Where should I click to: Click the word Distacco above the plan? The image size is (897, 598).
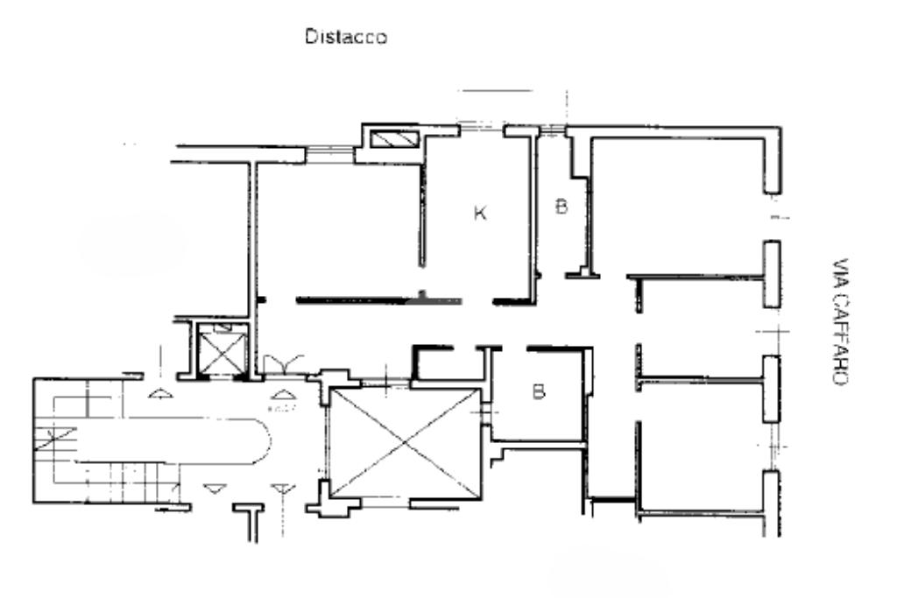coord(345,38)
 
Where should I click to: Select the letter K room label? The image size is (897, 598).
coord(479,213)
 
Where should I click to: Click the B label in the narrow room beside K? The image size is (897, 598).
coord(561,207)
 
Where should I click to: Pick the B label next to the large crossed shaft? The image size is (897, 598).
coord(539,391)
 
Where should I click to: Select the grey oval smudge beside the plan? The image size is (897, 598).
coord(131,243)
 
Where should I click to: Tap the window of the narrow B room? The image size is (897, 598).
coord(551,130)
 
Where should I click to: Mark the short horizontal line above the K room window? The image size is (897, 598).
coord(497,90)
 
